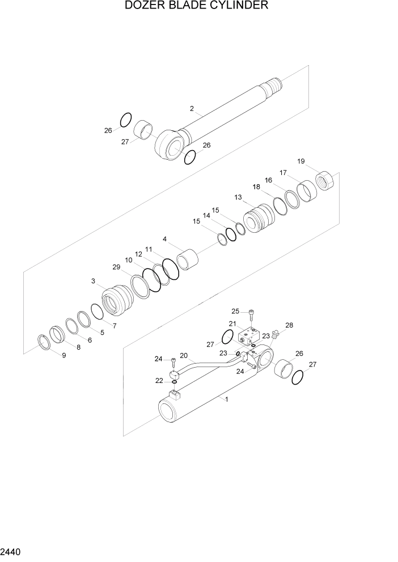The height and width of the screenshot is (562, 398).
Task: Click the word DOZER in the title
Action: (x=142, y=6)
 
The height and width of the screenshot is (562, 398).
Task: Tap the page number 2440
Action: (x=11, y=551)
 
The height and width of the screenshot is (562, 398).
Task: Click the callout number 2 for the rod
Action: (x=192, y=108)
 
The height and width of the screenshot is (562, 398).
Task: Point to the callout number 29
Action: (x=116, y=266)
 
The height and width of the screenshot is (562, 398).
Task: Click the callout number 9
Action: (x=63, y=355)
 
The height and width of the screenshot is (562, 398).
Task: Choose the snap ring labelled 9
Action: (x=44, y=342)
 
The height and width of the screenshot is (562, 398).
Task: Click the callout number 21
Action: (x=232, y=323)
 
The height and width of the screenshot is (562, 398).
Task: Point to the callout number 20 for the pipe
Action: (x=183, y=356)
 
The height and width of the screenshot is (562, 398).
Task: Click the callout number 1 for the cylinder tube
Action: (x=227, y=399)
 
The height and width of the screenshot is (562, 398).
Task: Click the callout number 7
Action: (x=114, y=326)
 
